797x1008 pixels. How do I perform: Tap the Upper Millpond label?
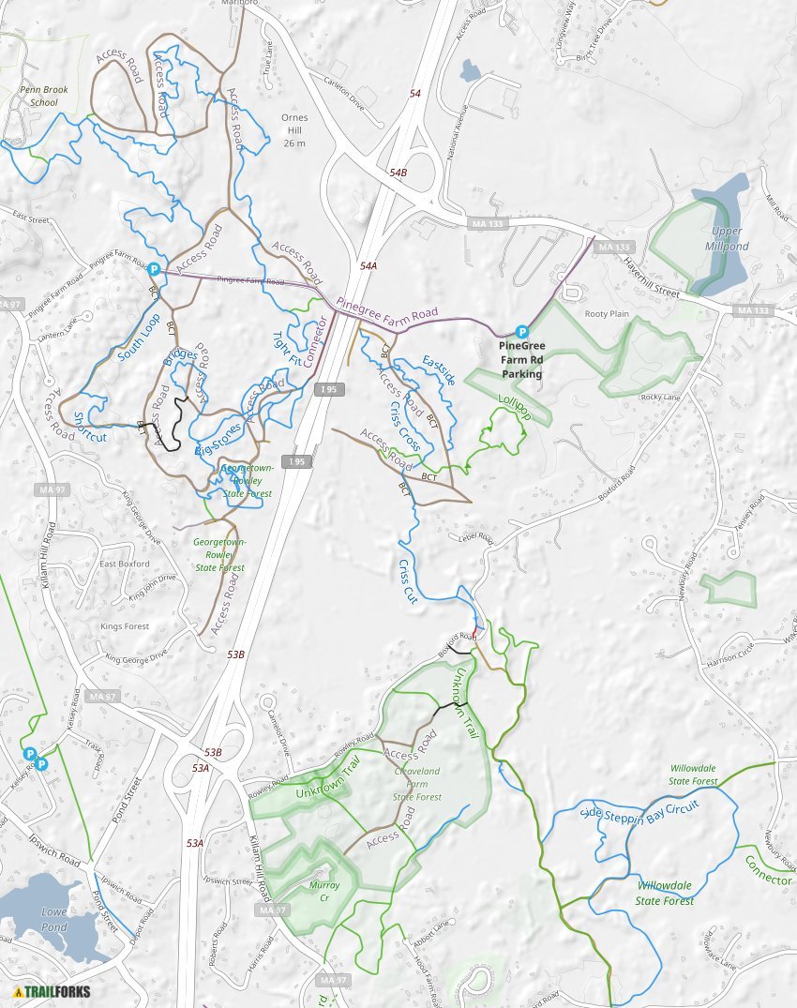pos(727,238)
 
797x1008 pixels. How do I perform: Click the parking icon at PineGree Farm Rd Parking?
pos(522,332)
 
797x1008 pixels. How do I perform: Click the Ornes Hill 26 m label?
pos(294,131)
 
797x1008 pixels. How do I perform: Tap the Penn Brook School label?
pos(38,97)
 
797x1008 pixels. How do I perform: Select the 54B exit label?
pos(398,173)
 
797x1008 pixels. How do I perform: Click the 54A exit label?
pos(368,266)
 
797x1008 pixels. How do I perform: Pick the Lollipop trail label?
pos(514,409)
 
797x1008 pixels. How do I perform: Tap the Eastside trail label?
pos(439,369)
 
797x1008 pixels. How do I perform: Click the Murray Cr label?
pos(324,891)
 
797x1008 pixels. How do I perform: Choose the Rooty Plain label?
pos(607,314)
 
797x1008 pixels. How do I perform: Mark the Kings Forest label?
pos(125,626)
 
